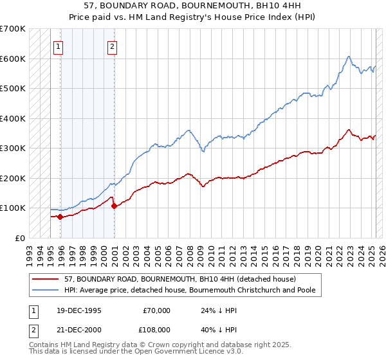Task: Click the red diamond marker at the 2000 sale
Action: click(114, 206)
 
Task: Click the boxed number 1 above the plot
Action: click(59, 46)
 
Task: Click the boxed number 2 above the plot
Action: click(112, 46)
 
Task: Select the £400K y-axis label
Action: click(13, 118)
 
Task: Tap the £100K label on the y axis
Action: click(13, 208)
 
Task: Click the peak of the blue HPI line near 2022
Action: click(348, 57)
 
